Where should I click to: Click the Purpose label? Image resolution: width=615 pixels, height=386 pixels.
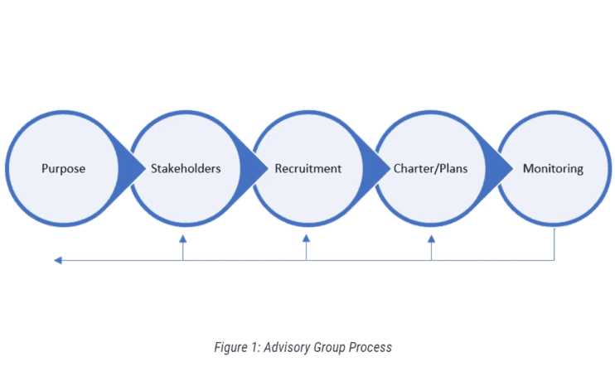coord(64,169)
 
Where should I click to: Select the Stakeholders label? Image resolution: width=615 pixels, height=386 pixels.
coord(186,169)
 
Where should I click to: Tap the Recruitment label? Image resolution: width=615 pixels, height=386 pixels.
coord(307,169)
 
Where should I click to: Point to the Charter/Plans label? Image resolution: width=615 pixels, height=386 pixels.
coord(430,169)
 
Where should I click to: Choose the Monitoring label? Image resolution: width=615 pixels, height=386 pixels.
coord(553,169)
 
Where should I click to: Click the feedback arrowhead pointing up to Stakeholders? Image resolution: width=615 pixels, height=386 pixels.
coord(183,239)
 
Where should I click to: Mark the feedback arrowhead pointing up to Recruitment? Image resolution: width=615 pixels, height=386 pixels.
coord(307,239)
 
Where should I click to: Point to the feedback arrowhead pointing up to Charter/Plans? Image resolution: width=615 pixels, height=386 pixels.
coord(431,239)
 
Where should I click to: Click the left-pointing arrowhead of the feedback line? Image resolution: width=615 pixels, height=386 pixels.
coord(58,260)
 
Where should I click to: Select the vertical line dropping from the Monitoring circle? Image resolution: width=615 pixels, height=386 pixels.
coord(554,244)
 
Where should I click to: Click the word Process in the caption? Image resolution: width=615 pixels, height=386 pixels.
coord(371,348)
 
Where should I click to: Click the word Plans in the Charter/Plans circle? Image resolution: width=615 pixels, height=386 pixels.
coord(453,169)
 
